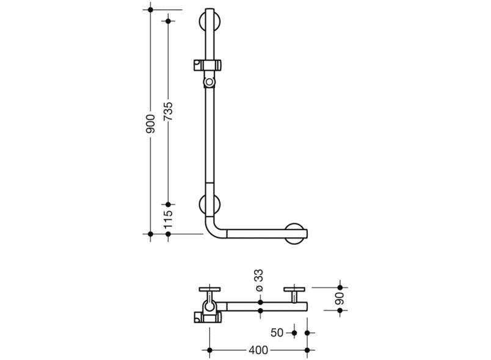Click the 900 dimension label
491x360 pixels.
[x=150, y=124]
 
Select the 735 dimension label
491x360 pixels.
[x=168, y=111]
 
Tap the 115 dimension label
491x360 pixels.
[x=168, y=219]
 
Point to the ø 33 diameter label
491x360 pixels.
[x=260, y=281]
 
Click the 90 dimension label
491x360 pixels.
[x=340, y=299]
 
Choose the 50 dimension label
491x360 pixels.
[x=277, y=333]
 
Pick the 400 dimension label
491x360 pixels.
[x=258, y=350]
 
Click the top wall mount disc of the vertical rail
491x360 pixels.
[x=209, y=21]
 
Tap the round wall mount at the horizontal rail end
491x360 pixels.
[x=294, y=234]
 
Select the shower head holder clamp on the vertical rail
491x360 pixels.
[x=208, y=65]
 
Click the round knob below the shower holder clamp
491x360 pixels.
[x=209, y=82]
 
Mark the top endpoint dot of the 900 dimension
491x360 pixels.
[x=150, y=10]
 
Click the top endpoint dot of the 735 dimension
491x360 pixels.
[x=168, y=21]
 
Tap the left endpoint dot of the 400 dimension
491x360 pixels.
[x=209, y=350]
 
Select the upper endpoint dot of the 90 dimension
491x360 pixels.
[x=340, y=287]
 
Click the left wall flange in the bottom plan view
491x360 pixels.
[x=209, y=289]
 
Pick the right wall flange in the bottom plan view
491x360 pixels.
[x=294, y=289]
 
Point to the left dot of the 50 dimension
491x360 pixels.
[x=294, y=333]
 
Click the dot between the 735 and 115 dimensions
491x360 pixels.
[x=168, y=204]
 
